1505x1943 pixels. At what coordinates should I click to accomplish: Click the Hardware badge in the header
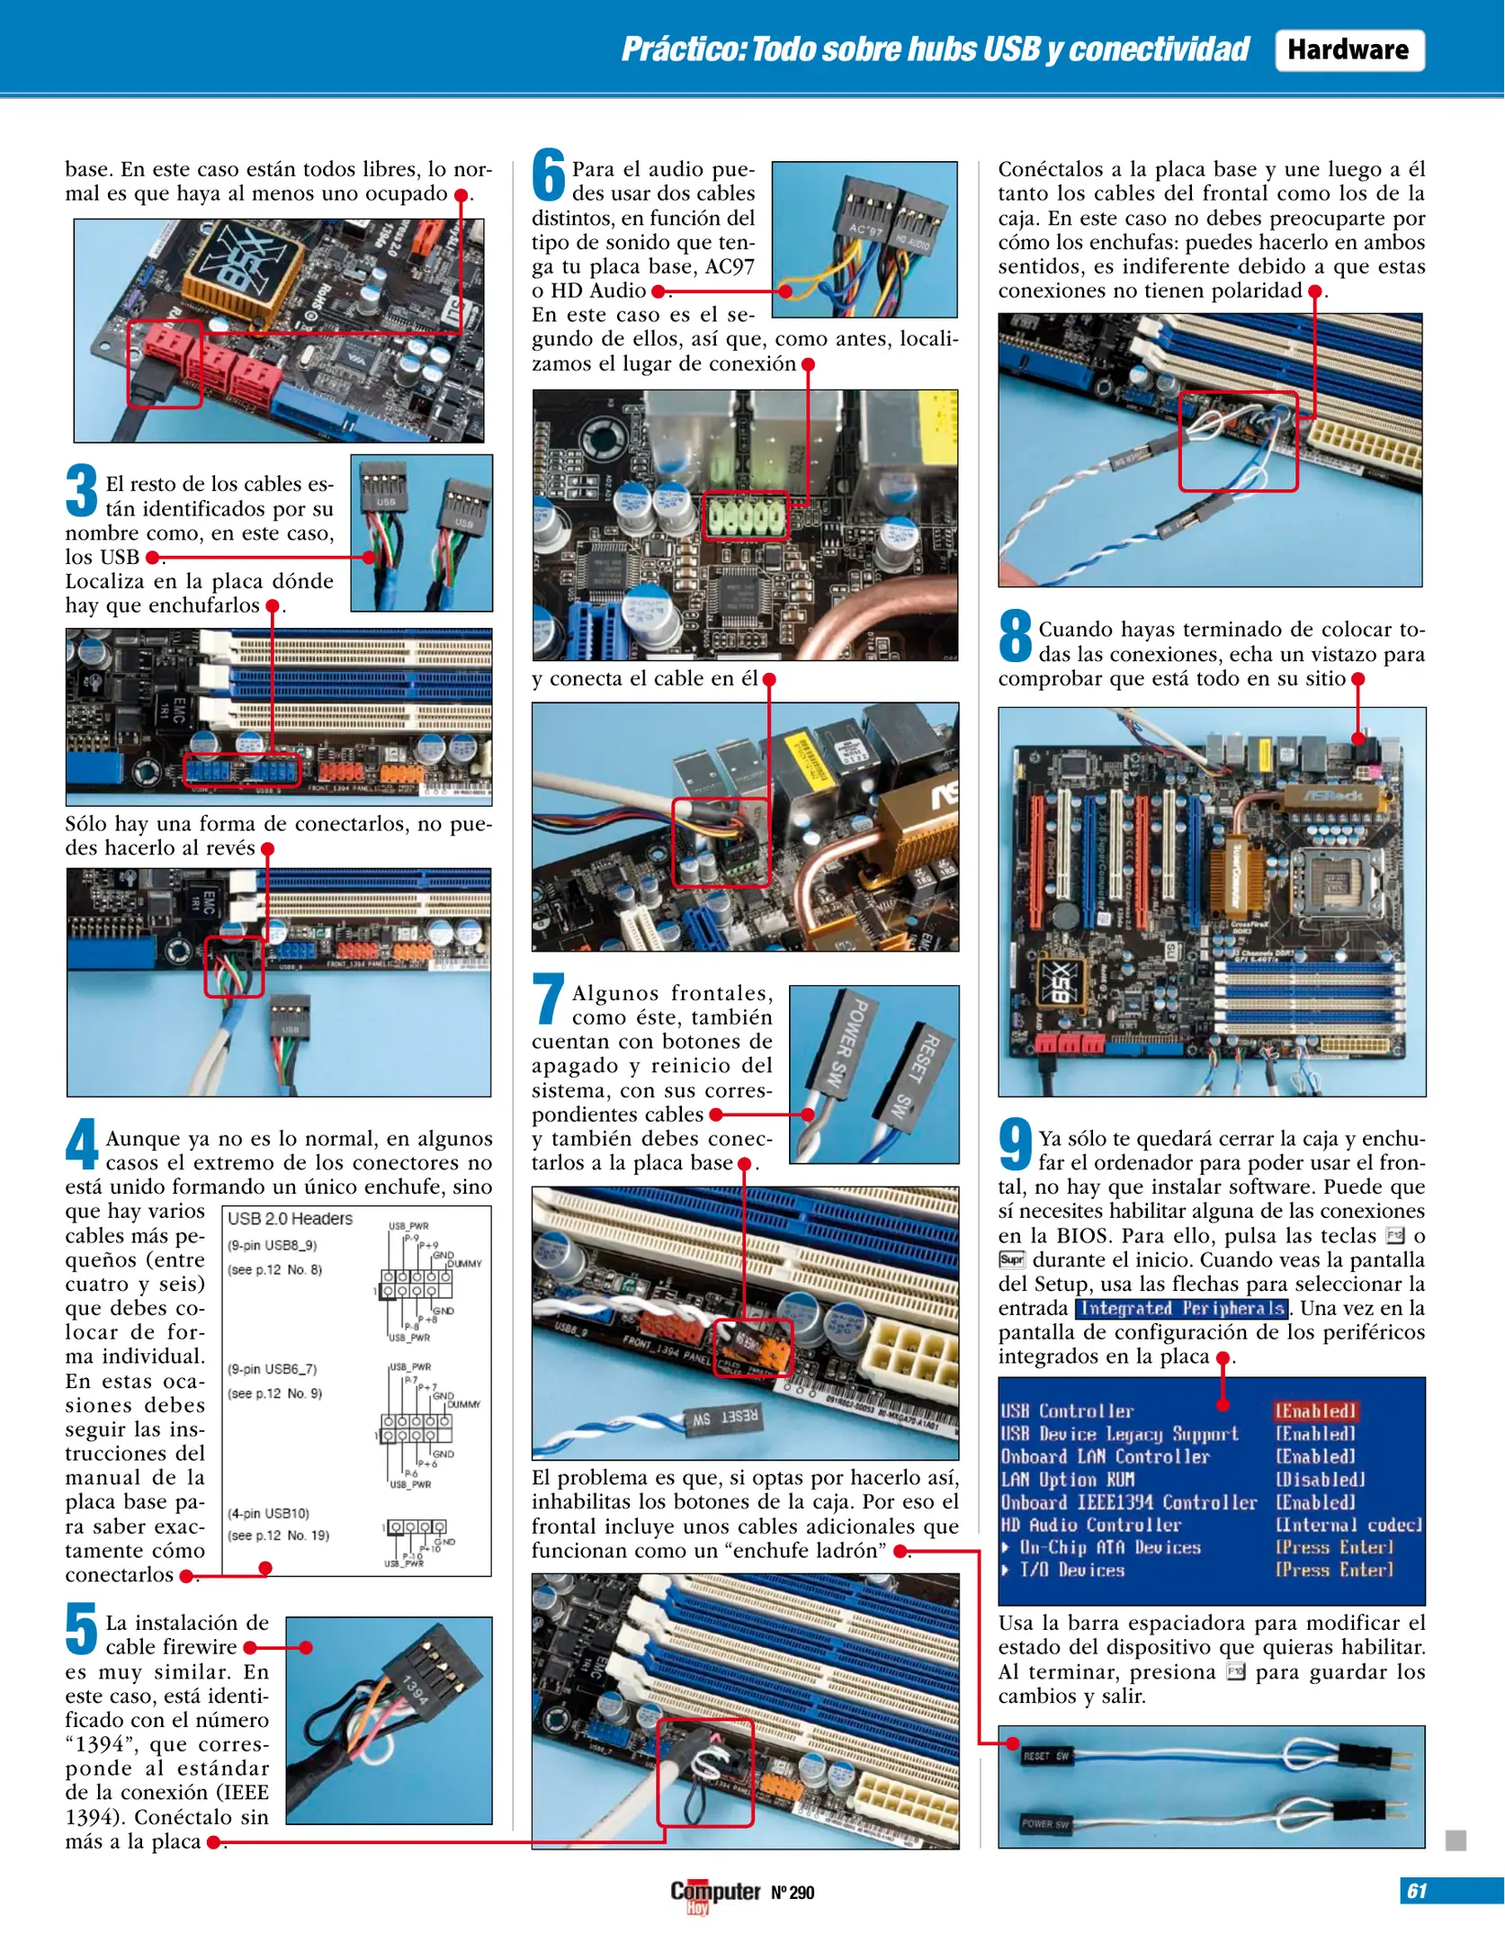click(x=1348, y=50)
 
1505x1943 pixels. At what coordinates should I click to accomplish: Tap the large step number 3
click(x=82, y=490)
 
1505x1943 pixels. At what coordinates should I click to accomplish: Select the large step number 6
click(x=548, y=175)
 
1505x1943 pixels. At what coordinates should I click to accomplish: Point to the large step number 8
click(x=1016, y=635)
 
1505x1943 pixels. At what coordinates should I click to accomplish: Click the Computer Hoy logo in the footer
click(x=715, y=1892)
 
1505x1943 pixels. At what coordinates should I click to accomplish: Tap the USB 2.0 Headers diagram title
click(x=290, y=1219)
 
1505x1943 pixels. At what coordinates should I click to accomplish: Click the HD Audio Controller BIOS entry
click(x=1090, y=1525)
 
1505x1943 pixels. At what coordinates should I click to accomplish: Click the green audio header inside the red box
click(x=745, y=516)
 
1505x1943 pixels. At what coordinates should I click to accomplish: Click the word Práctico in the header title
click(x=683, y=49)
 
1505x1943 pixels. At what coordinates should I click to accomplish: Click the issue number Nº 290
click(x=793, y=1893)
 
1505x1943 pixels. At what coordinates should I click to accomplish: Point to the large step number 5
click(x=82, y=1629)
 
